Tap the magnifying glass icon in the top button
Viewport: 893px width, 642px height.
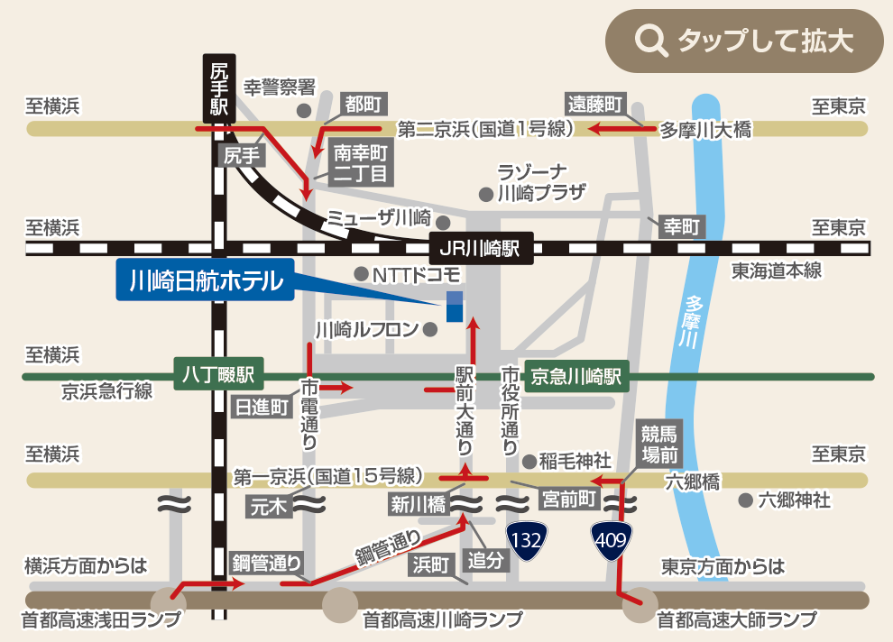(x=650, y=41)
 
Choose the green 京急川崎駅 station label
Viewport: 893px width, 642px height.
(x=576, y=376)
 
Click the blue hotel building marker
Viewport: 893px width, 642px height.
(x=455, y=307)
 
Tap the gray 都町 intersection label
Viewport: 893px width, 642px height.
(x=364, y=104)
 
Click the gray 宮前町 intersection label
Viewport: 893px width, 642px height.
(x=568, y=498)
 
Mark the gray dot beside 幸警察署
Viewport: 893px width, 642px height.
(x=304, y=111)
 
